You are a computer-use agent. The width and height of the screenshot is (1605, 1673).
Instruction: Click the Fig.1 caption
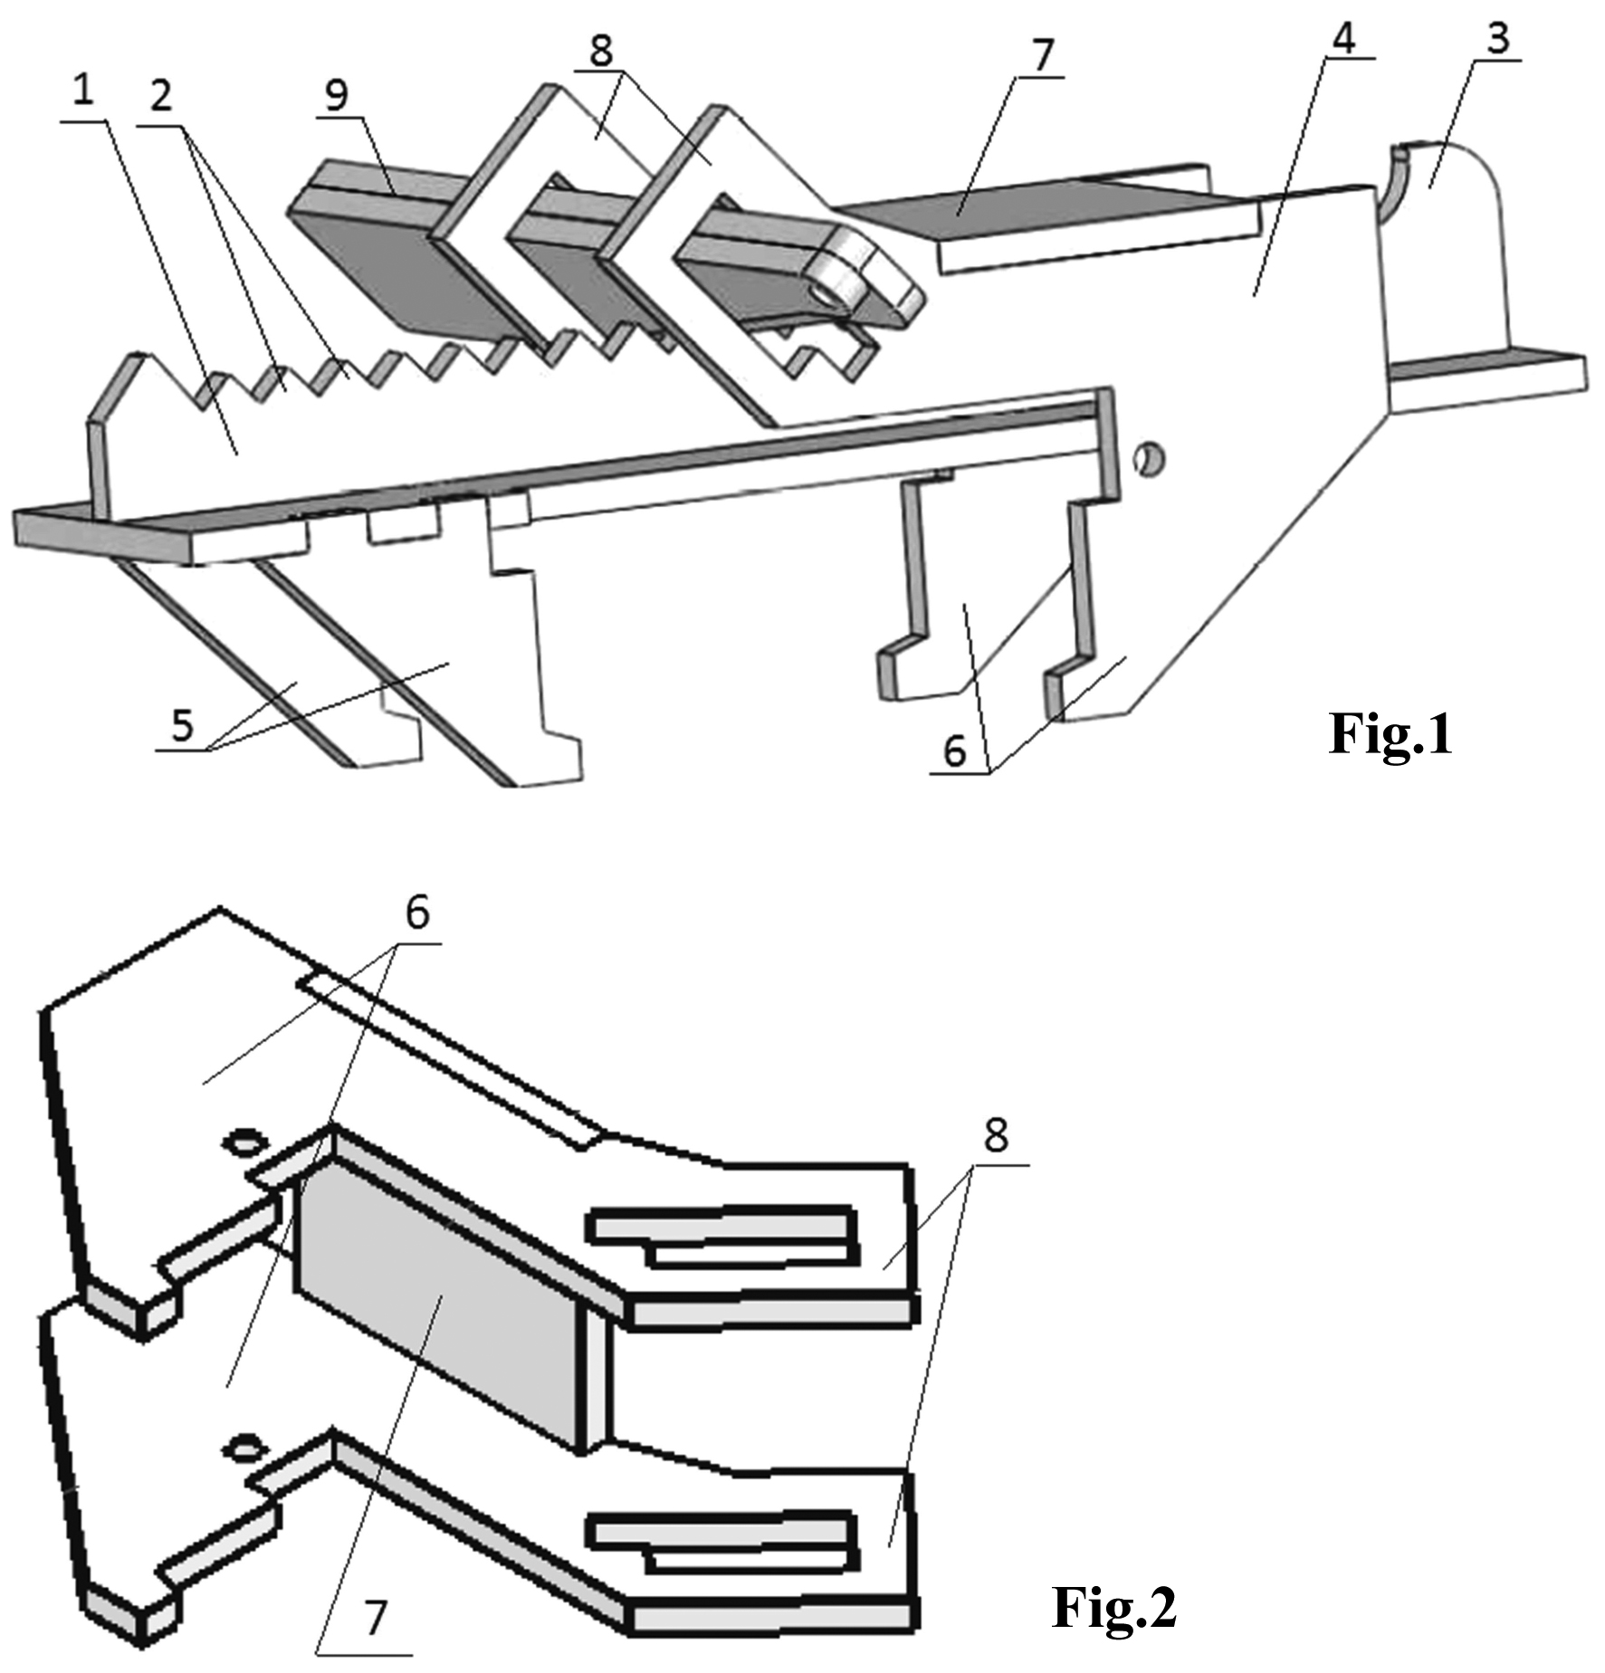click(x=1390, y=733)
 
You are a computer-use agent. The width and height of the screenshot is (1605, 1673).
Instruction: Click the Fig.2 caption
click(x=1114, y=1608)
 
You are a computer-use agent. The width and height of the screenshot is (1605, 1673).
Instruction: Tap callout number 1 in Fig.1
click(x=83, y=91)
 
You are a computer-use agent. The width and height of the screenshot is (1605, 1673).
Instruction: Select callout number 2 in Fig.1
click(x=161, y=95)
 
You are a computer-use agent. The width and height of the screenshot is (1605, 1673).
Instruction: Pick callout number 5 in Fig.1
click(x=183, y=725)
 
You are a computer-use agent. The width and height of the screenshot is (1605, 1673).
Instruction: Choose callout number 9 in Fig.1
click(x=337, y=95)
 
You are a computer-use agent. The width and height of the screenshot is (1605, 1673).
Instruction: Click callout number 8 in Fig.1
click(x=601, y=51)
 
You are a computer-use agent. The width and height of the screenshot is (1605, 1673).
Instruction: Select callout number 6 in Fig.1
click(x=955, y=750)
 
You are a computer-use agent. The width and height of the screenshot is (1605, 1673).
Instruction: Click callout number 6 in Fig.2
click(x=417, y=913)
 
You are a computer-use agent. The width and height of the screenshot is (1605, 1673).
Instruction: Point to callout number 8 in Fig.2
click(x=996, y=1136)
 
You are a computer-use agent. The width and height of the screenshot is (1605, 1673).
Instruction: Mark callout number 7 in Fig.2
click(x=375, y=1617)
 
